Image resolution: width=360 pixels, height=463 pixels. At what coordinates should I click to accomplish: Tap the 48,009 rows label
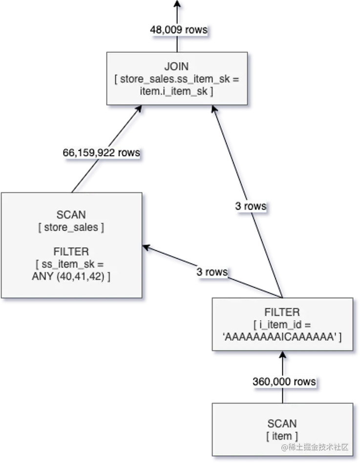(178, 30)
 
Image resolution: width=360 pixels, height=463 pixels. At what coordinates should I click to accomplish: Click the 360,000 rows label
(284, 381)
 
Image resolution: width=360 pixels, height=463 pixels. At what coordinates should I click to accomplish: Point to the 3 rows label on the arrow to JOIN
(251, 206)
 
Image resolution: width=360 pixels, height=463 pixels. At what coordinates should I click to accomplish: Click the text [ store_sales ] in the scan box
(71, 227)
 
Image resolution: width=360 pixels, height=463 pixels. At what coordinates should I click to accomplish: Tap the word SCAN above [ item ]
(282, 423)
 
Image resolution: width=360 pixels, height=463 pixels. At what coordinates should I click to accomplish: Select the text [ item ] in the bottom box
(282, 436)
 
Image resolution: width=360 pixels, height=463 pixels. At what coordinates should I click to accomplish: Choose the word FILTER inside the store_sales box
(71, 252)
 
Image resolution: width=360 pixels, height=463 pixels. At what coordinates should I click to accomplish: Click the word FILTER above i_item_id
(282, 312)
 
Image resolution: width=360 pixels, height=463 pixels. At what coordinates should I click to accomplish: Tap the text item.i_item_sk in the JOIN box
(173, 91)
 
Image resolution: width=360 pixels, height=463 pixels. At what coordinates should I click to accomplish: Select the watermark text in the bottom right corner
(315, 447)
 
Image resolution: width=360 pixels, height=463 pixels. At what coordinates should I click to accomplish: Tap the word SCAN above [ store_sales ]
(71, 215)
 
